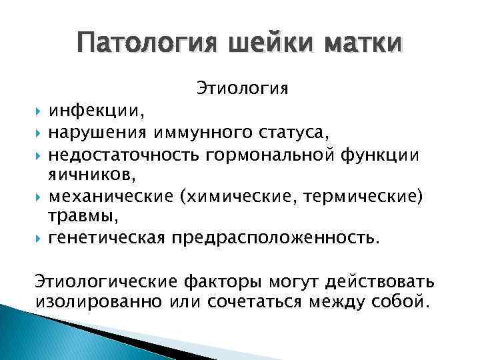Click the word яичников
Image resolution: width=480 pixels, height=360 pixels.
[86, 175]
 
